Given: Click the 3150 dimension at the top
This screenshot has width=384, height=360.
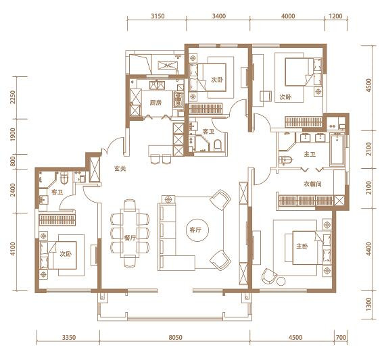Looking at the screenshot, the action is [158, 16].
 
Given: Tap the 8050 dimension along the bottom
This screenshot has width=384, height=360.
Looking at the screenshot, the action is [175, 338].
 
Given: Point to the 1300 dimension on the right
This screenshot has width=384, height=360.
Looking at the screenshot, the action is [369, 305].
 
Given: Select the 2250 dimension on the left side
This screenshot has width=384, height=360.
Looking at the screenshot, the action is [13, 97].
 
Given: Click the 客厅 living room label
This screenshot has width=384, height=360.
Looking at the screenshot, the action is [195, 230].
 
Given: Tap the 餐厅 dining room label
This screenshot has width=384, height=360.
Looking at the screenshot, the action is [130, 238].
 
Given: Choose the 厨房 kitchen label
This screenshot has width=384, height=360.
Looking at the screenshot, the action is [155, 103].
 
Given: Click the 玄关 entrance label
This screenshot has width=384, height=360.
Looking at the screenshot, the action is [120, 169].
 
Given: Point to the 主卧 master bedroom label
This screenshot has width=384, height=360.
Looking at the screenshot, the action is [302, 247].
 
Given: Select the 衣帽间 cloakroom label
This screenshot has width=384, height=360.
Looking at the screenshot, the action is [312, 184].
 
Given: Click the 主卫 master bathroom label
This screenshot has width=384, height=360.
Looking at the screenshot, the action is [310, 155].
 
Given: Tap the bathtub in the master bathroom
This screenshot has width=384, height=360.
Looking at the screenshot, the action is [337, 149].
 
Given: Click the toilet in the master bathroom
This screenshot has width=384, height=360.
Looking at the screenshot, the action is [285, 160].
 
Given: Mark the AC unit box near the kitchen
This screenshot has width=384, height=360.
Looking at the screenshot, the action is [168, 66].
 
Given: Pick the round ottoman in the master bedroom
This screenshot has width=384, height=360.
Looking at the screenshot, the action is [281, 281].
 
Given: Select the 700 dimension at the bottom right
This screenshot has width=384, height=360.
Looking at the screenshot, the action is [341, 338].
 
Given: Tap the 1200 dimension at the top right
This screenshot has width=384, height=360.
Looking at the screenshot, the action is [335, 16].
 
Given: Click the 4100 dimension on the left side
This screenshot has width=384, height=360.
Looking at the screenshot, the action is [13, 249].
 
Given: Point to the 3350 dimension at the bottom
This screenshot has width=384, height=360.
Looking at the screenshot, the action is [69, 338].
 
